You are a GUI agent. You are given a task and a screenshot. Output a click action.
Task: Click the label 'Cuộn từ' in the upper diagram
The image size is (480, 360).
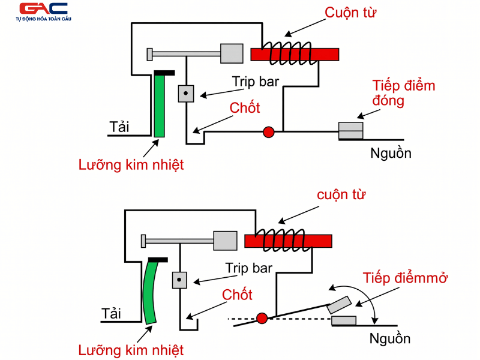(x=350, y=13)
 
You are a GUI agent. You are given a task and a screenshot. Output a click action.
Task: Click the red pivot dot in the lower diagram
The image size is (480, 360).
(x=262, y=318)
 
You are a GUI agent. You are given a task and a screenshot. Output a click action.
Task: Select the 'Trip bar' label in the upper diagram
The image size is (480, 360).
(x=256, y=81)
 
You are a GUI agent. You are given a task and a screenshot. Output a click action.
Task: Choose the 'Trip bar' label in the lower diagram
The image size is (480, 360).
(x=249, y=268)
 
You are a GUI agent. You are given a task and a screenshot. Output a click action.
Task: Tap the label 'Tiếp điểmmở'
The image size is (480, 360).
(x=406, y=278)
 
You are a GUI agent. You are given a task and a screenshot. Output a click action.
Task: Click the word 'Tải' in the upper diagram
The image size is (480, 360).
(x=119, y=127)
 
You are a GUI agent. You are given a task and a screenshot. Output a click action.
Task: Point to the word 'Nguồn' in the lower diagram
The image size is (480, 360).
(x=390, y=338)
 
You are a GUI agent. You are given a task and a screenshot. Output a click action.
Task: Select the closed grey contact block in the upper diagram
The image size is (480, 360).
(x=351, y=130)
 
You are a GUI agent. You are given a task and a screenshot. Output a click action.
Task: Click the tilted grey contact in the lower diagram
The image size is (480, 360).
(x=340, y=304)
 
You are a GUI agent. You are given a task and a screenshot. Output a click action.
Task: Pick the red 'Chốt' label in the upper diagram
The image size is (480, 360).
(x=245, y=108)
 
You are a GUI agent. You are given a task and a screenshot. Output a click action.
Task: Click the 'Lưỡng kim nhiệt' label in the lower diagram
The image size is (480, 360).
(x=131, y=350)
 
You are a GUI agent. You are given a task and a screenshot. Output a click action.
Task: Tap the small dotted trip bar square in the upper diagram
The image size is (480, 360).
(x=186, y=93)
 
